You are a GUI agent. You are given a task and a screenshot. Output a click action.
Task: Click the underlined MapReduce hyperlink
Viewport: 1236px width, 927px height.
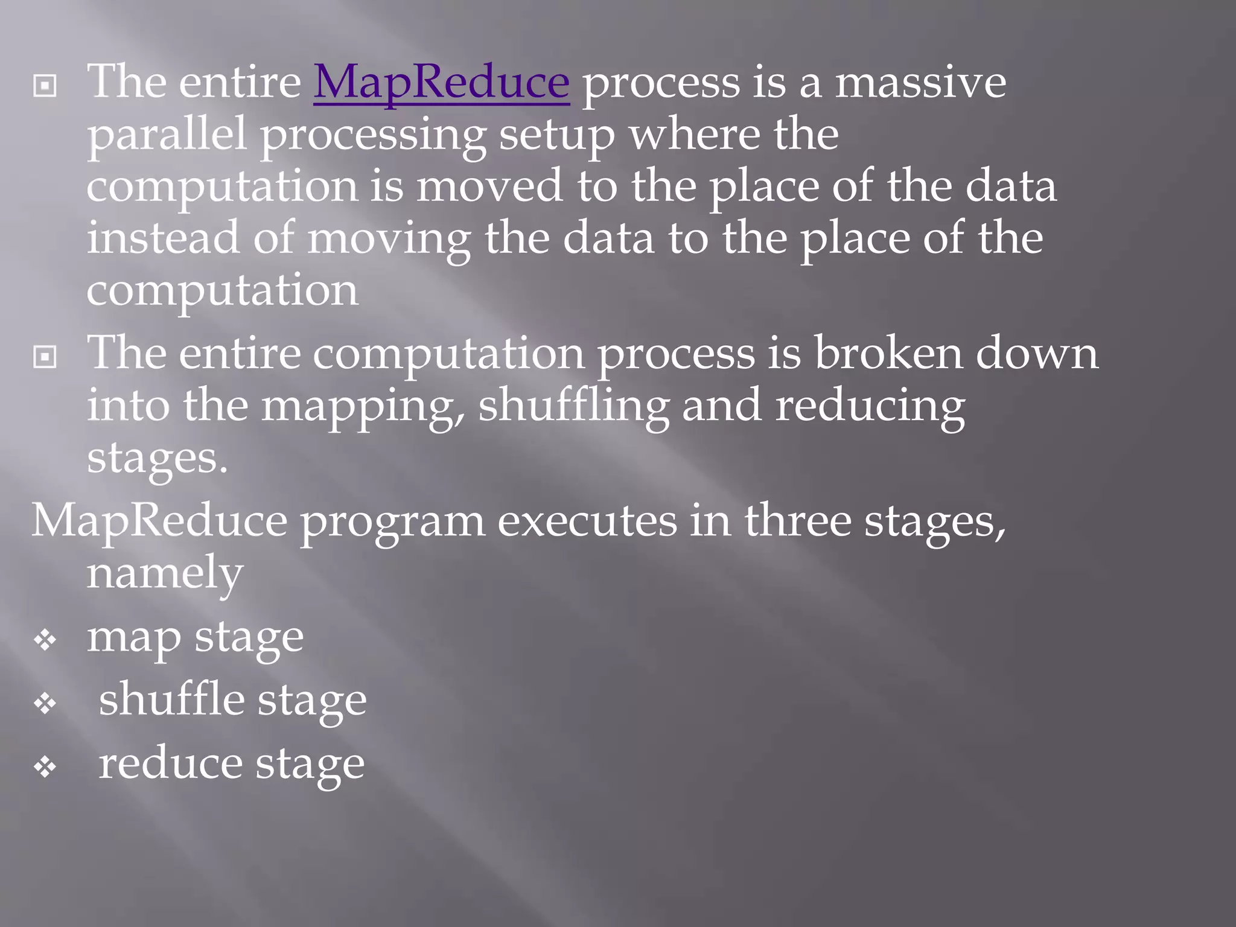(x=441, y=82)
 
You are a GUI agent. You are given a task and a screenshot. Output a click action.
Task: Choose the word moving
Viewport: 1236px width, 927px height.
(x=389, y=239)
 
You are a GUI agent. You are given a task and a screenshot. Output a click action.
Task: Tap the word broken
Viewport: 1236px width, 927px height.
(x=888, y=352)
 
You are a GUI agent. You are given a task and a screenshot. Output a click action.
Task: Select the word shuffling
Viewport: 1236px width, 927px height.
(x=573, y=406)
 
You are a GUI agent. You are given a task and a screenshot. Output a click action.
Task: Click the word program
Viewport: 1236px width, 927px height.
(x=392, y=521)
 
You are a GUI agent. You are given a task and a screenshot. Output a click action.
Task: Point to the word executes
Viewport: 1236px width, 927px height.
(x=587, y=521)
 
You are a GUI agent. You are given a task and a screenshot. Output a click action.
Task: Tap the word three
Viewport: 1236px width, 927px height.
(x=797, y=520)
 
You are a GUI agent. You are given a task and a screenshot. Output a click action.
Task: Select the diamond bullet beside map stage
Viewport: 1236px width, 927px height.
(x=45, y=640)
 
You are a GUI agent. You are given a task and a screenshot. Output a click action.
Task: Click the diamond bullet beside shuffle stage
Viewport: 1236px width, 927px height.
(x=45, y=703)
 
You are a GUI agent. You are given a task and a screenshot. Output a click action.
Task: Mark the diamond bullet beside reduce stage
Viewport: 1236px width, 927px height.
(x=45, y=767)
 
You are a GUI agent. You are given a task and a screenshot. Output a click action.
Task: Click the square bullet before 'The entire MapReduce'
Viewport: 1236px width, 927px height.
(x=45, y=86)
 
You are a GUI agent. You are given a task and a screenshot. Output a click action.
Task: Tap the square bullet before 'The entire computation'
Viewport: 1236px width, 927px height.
(x=45, y=357)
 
